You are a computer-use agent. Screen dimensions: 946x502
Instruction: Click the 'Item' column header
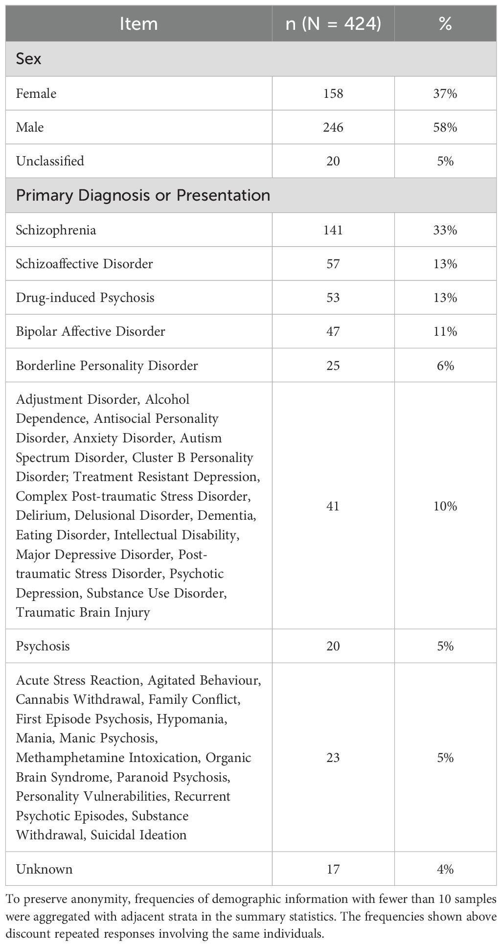(x=138, y=23)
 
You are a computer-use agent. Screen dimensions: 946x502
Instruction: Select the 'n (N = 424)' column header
(x=333, y=23)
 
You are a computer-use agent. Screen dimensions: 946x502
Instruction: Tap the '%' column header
(x=445, y=23)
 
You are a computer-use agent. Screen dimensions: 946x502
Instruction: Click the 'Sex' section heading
(x=28, y=59)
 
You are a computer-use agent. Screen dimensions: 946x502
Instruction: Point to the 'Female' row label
(x=36, y=93)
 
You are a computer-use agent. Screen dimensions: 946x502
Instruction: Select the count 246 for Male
(x=333, y=127)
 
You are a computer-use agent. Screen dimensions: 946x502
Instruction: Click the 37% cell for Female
(x=445, y=93)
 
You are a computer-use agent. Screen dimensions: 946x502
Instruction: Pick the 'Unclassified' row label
(x=50, y=161)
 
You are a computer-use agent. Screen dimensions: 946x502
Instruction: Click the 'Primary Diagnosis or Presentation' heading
(x=143, y=195)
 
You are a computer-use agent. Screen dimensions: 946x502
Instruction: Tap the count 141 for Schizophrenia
(x=333, y=230)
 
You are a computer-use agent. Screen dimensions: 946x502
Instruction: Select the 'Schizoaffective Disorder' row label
(x=84, y=264)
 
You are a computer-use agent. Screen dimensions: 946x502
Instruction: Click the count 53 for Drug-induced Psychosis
(x=333, y=298)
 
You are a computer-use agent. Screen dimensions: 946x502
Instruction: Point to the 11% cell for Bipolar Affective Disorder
(x=445, y=331)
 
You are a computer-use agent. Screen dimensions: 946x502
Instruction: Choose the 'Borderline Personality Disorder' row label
(x=107, y=366)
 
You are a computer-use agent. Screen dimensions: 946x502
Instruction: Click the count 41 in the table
(x=333, y=506)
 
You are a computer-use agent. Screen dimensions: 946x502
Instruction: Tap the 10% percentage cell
(x=445, y=506)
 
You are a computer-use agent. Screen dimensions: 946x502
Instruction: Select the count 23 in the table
(x=333, y=758)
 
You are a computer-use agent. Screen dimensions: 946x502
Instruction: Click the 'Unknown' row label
(x=44, y=869)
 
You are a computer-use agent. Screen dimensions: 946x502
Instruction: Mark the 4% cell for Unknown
(x=445, y=869)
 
